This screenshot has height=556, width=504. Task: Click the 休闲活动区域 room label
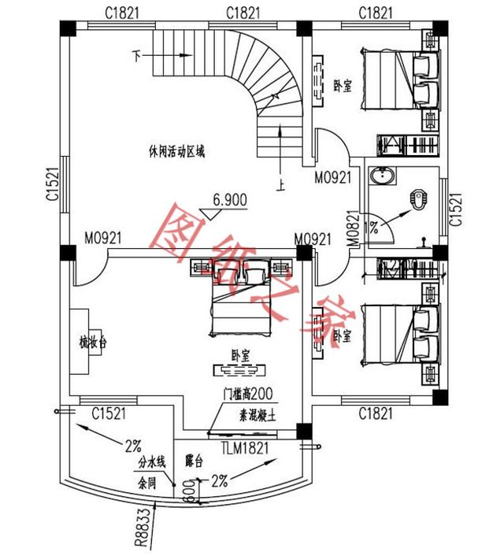tap(176, 151)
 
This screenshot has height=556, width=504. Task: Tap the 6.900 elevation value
tap(229, 200)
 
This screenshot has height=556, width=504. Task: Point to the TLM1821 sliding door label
tap(244, 448)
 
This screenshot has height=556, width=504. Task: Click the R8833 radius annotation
tap(140, 528)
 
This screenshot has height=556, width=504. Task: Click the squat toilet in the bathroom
tap(418, 199)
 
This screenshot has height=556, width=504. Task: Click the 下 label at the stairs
tap(137, 57)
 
